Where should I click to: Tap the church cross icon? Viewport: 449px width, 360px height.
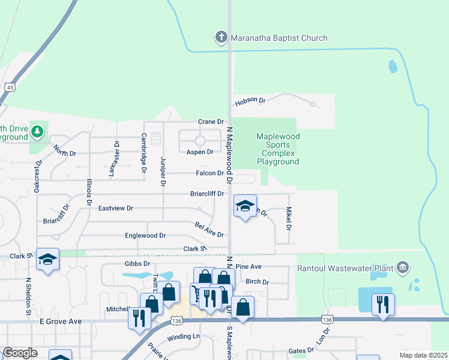point(221,38)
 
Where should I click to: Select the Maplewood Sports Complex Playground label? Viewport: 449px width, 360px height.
point(277,149)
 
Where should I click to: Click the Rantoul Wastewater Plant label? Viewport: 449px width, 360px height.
point(346,267)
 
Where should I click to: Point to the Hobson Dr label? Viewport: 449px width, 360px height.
point(250,101)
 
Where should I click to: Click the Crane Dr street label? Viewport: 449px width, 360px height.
point(211,122)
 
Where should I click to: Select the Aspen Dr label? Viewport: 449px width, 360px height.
point(200,152)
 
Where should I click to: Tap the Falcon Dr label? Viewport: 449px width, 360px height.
point(211,173)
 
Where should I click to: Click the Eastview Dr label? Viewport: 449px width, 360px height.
point(115,208)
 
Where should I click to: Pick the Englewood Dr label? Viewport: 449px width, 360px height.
point(145,236)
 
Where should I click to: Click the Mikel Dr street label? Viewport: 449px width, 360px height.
point(289,219)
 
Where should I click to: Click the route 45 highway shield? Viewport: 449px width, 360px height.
point(10,88)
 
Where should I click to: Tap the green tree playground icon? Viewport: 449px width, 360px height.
point(37,130)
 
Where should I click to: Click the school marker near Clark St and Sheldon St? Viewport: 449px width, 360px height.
point(47,259)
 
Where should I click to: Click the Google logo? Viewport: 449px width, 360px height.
point(20,353)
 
